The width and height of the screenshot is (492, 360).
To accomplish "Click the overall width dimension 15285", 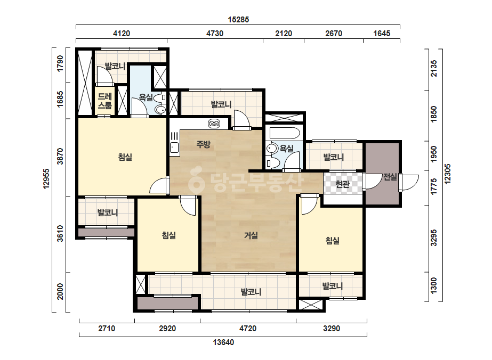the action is [238, 20].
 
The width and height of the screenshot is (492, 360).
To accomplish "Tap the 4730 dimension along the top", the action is [215, 33].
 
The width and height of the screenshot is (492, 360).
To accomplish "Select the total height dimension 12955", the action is [46, 179].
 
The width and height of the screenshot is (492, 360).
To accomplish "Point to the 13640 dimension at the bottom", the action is [223, 342].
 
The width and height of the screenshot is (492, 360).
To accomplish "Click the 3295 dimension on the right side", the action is [434, 238].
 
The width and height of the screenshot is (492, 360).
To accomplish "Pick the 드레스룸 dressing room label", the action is [104, 101].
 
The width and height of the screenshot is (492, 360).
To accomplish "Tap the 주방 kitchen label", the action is [203, 144].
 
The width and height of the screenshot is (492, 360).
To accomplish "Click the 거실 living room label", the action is [251, 235].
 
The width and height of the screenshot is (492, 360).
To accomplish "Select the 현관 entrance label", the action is [342, 184].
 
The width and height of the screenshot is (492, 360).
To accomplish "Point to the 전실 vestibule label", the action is [390, 177].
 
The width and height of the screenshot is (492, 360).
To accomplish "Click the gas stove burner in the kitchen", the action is [214, 124].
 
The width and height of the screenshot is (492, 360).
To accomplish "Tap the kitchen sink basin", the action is [174, 147].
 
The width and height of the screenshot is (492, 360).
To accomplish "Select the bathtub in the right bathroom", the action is [285, 133].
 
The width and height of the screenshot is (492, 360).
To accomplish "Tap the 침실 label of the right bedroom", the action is [332, 241].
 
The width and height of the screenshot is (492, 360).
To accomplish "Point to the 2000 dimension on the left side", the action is [60, 292].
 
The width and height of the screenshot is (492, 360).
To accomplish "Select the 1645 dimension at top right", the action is [382, 33].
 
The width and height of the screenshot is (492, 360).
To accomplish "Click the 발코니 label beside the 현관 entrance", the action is [334, 157].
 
